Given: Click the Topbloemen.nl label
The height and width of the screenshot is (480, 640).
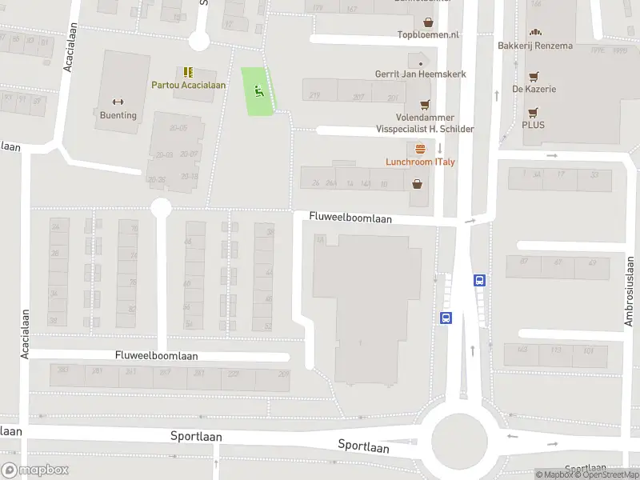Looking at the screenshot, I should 428,35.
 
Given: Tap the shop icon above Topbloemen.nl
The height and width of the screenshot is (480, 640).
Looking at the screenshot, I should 428,22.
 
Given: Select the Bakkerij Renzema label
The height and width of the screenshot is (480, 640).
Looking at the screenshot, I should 535,46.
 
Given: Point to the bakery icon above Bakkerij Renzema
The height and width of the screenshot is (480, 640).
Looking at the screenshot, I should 535,33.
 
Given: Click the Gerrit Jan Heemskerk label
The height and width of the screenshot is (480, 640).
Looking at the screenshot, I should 420,74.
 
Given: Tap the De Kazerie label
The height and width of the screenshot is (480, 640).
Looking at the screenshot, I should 534,89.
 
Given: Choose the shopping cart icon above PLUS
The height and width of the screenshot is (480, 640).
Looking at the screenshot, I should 533,112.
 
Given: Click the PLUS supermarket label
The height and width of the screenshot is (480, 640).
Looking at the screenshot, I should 533,125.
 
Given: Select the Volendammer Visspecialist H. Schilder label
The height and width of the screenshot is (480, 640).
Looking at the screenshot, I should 425,123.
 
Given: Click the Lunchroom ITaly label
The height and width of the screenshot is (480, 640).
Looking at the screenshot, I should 420,162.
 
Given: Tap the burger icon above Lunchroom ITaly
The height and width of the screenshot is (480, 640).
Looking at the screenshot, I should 420,148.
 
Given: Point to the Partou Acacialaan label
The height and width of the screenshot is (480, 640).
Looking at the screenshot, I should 189,85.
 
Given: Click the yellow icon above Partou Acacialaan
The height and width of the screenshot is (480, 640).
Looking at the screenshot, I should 188,72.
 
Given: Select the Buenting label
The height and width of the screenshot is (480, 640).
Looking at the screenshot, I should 118,115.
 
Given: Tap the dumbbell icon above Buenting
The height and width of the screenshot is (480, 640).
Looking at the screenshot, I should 118,102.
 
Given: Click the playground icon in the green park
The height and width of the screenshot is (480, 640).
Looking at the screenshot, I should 258,91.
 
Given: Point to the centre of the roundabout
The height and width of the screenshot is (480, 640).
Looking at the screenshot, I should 459,438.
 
